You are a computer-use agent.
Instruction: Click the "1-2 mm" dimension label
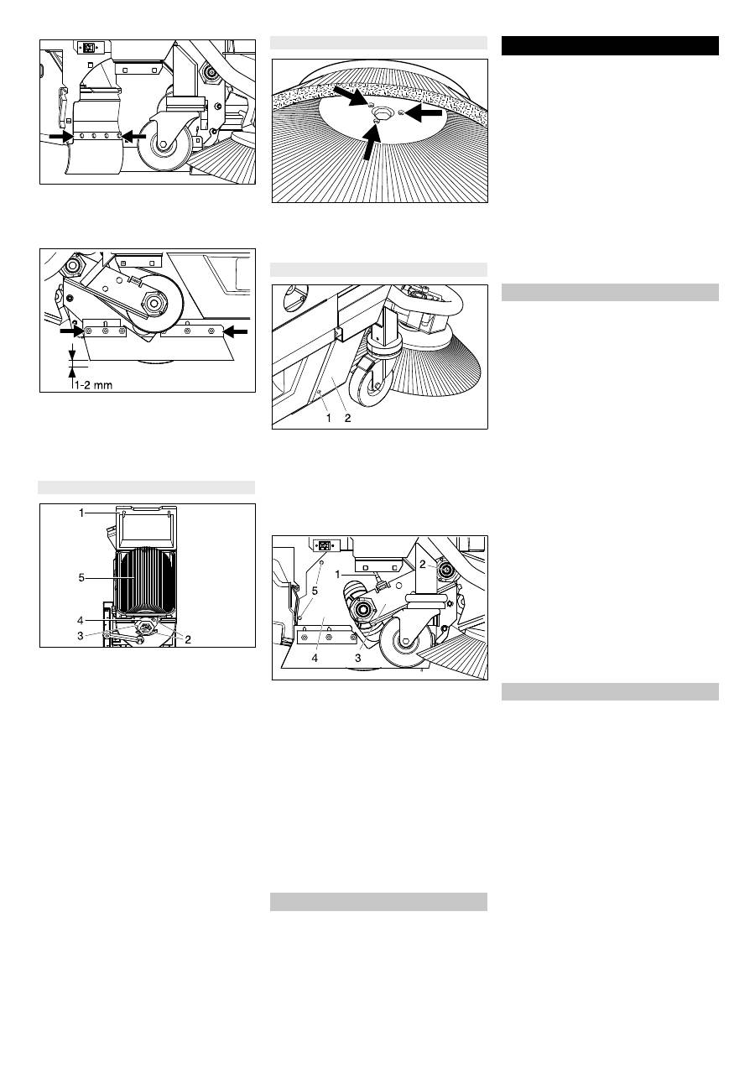tap(94, 384)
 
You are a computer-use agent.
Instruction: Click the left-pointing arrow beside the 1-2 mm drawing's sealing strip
tap(236, 331)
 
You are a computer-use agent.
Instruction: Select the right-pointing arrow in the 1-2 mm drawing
tap(72, 330)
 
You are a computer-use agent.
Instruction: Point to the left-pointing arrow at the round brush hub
tap(424, 113)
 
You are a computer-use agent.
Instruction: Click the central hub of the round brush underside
tap(381, 112)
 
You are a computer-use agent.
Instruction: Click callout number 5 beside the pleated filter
tap(81, 578)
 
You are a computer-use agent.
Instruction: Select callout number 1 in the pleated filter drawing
tap(81, 513)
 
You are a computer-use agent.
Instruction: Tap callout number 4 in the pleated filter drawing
tap(81, 620)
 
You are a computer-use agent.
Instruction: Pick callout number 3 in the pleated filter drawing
tap(81, 635)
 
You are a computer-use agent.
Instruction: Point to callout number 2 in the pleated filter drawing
tap(188, 639)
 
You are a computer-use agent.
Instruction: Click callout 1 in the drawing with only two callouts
tap(328, 418)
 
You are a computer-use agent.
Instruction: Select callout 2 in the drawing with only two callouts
tap(347, 418)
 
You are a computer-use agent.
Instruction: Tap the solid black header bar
tap(610, 46)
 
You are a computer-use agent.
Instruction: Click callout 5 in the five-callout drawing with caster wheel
tap(315, 591)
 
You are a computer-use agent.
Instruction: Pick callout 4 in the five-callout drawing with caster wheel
tap(315, 659)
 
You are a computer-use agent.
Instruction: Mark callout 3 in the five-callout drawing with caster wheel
tap(358, 659)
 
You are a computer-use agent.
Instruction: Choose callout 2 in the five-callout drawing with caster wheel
tap(422, 565)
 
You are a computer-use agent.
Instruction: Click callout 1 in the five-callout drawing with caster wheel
tap(338, 575)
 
